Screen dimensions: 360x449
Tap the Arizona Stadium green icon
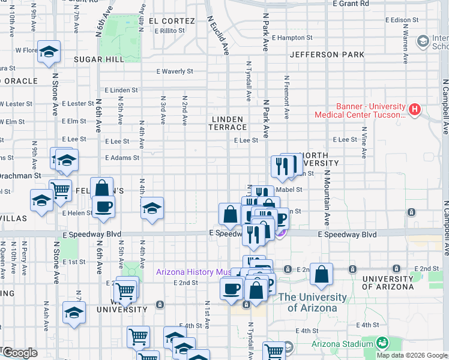click(x=381, y=343)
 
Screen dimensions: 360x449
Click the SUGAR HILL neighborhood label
click(x=98, y=59)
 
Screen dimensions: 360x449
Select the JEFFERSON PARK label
click(x=327, y=55)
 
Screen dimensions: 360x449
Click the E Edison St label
click(x=401, y=20)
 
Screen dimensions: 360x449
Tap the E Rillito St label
click(x=173, y=31)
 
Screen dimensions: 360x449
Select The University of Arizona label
click(x=312, y=302)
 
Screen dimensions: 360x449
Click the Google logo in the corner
click(x=19, y=353)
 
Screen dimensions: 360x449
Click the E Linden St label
click(x=121, y=90)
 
